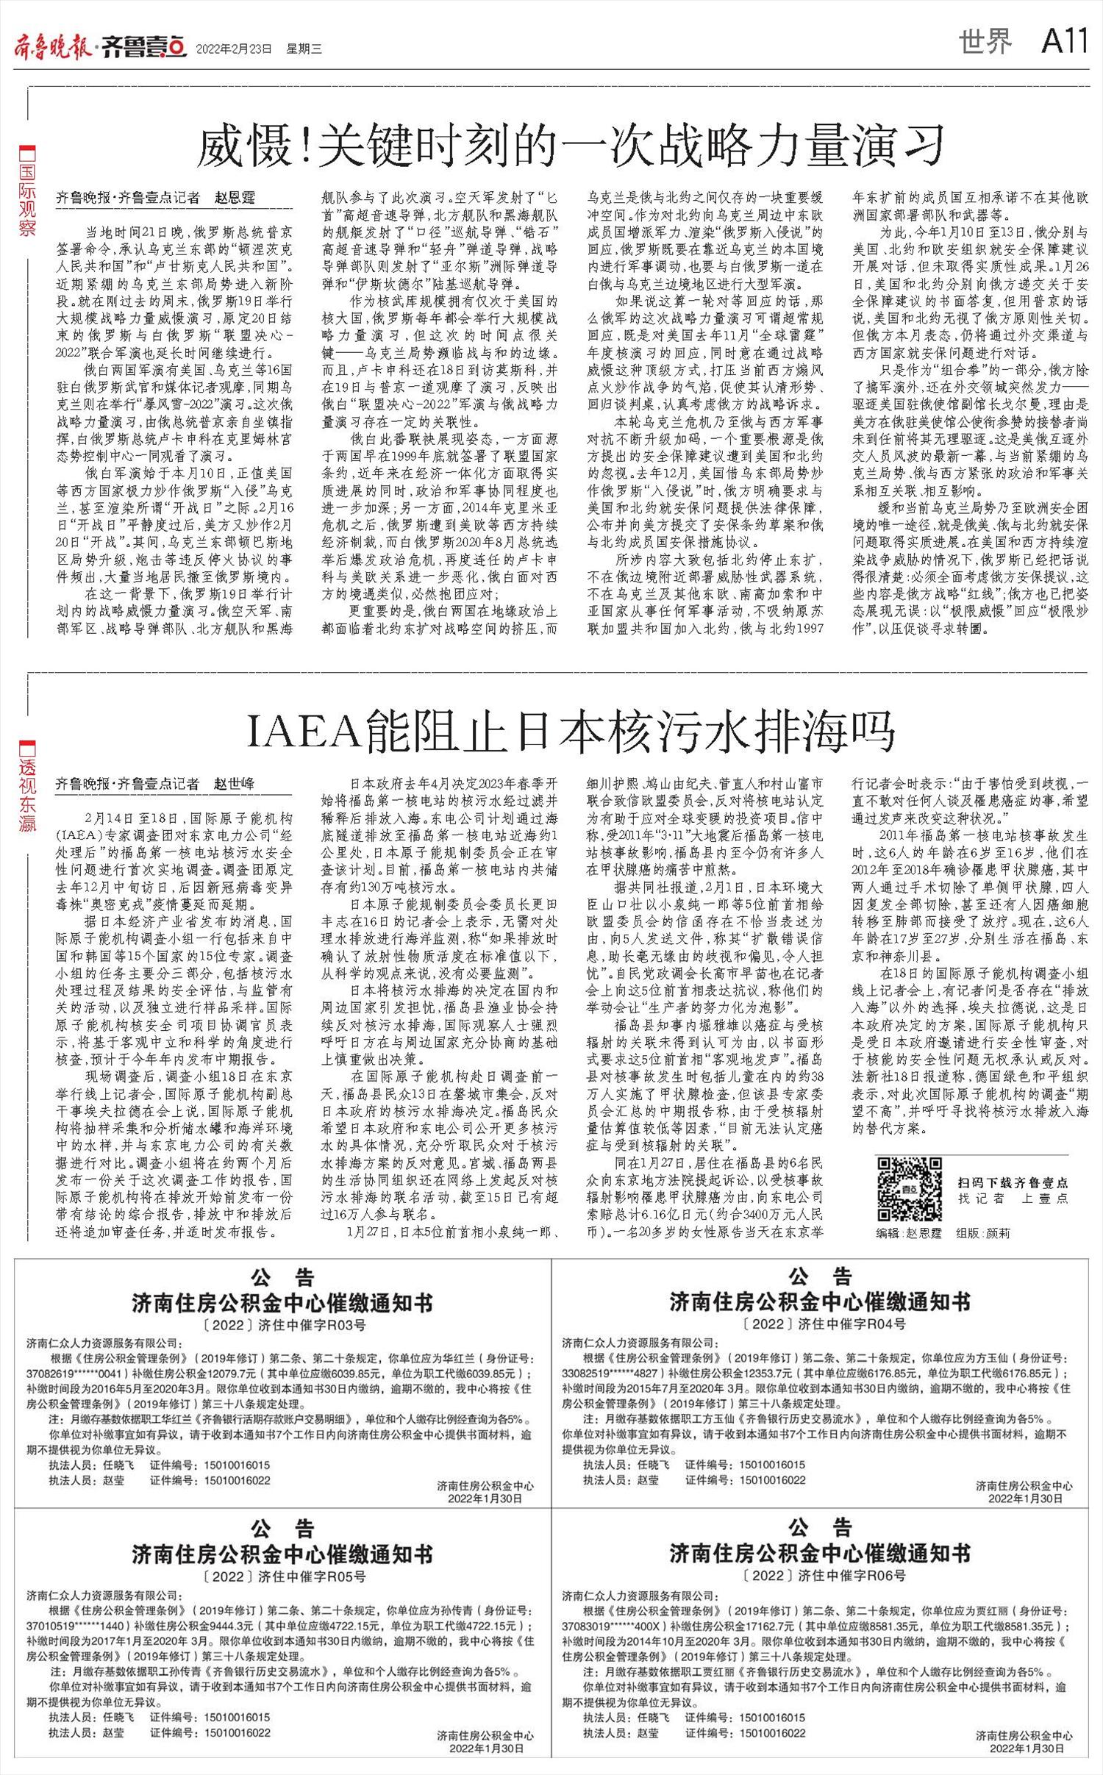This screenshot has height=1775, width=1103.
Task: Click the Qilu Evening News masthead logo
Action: [x=99, y=47]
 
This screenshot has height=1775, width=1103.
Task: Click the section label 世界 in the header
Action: [x=985, y=43]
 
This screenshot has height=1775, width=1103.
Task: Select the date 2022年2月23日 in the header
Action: [x=234, y=49]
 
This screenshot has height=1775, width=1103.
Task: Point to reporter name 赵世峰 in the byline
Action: [x=234, y=784]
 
